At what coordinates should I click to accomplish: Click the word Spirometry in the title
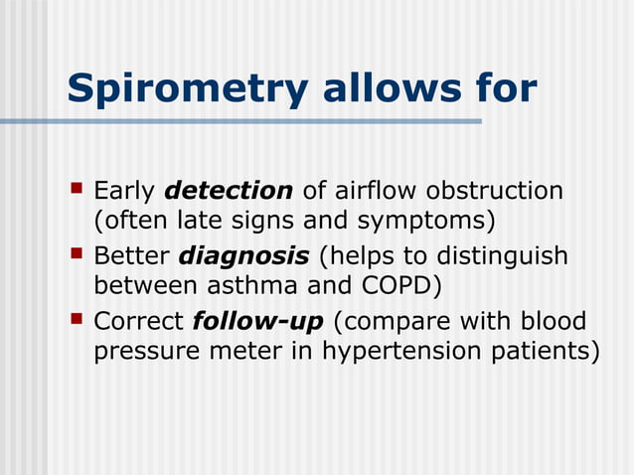click(188, 88)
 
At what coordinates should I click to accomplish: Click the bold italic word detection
click(228, 190)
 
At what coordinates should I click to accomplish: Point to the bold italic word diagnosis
click(242, 256)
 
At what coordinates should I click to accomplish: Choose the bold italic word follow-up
click(258, 322)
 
